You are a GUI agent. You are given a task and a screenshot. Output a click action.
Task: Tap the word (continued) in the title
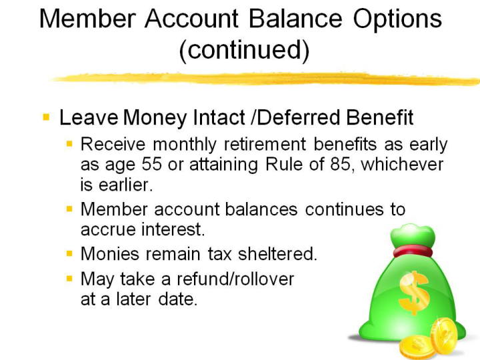244,51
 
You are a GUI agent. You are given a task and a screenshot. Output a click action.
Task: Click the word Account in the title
191,19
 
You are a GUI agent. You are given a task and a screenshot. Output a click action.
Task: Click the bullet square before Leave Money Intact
46,117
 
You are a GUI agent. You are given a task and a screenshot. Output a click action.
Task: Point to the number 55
151,164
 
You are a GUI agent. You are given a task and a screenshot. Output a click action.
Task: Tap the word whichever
402,164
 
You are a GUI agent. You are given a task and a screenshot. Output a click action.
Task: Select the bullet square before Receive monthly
69,143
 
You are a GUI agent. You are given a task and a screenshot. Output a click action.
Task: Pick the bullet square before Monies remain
69,253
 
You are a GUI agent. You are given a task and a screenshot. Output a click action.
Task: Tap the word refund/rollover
235,279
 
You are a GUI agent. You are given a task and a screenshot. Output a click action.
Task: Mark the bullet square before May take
69,279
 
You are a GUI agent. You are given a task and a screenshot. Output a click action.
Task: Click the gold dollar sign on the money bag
414,293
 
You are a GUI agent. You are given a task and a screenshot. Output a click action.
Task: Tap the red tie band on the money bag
413,251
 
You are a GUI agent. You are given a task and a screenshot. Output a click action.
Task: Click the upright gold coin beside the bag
443,337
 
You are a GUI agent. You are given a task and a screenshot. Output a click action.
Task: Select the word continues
345,209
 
